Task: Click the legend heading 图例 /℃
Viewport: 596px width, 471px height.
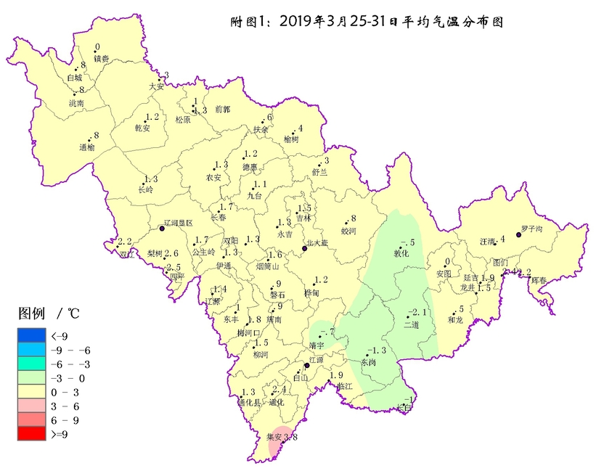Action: (49, 314)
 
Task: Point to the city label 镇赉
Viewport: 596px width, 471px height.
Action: (101, 59)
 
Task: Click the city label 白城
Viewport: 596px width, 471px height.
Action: (74, 77)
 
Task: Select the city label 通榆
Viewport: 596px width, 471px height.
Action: (87, 147)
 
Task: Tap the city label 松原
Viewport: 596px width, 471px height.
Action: (182, 120)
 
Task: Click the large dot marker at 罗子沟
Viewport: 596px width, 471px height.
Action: (518, 234)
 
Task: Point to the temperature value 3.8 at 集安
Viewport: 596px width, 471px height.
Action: (290, 437)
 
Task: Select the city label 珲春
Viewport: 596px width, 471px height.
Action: (539, 280)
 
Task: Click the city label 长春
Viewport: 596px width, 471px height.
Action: (218, 217)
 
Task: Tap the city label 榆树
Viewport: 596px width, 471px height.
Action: (290, 139)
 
